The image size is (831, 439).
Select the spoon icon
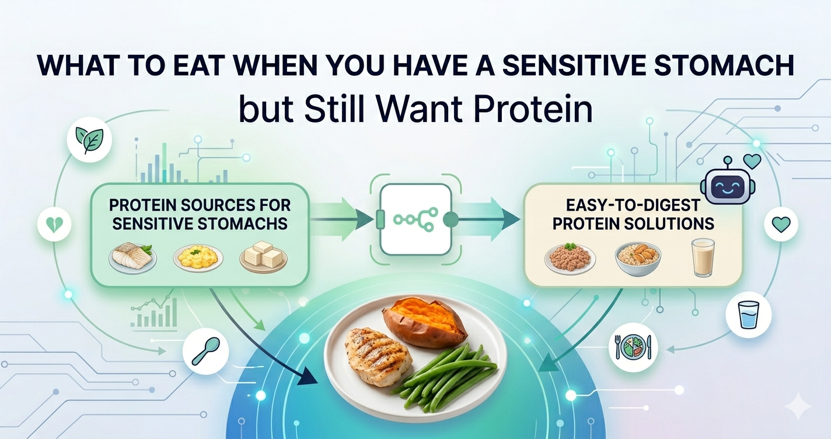[205, 350]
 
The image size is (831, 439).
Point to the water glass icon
[748, 315]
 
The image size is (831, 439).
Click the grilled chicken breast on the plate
[379, 356]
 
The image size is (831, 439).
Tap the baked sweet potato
[424, 322]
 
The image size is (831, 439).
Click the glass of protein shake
[703, 257]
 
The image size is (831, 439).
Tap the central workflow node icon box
[415, 219]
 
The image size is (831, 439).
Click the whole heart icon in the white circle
[781, 224]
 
